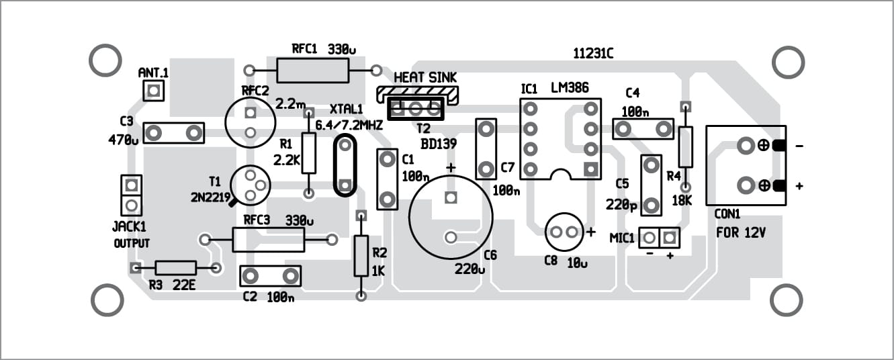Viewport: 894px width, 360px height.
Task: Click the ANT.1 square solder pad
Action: pyautogui.click(x=153, y=90)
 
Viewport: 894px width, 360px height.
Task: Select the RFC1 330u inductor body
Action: pyautogui.click(x=313, y=69)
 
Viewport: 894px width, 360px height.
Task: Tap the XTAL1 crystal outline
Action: pyautogui.click(x=345, y=165)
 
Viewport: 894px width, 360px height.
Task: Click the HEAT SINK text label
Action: pyautogui.click(x=418, y=78)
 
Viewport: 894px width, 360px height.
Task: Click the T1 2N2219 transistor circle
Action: pyautogui.click(x=250, y=185)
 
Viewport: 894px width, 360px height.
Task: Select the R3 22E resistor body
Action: pyautogui.click(x=176, y=268)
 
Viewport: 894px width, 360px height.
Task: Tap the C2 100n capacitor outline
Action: pyautogui.click(x=270, y=275)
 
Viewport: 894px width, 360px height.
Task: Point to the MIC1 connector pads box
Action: pyautogui.click(x=659, y=237)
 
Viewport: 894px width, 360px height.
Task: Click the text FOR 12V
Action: pyautogui.click(x=741, y=234)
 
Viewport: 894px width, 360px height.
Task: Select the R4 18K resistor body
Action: pyautogui.click(x=685, y=146)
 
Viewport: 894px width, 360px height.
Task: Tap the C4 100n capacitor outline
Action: pyautogui.click(x=643, y=128)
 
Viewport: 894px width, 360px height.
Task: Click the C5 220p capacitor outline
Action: pyautogui.click(x=651, y=185)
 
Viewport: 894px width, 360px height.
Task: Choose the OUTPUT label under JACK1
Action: pyautogui.click(x=132, y=243)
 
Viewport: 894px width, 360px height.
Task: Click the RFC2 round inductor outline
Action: pyautogui.click(x=251, y=122)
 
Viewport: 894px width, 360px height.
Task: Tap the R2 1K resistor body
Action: pyautogui.click(x=361, y=255)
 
